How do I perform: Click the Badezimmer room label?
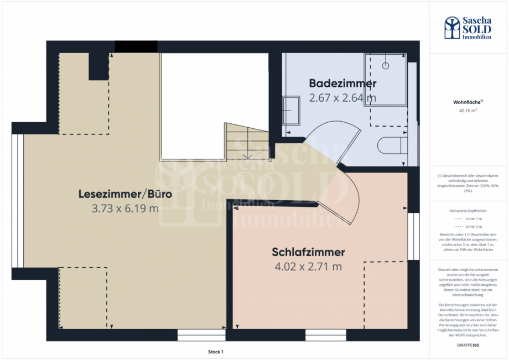pyautogui.click(x=342, y=84)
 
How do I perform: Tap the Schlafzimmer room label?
pyautogui.click(x=308, y=252)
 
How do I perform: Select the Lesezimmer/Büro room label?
pyautogui.click(x=125, y=195)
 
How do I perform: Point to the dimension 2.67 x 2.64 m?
pyautogui.click(x=342, y=98)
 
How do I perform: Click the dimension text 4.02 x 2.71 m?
pyautogui.click(x=308, y=267)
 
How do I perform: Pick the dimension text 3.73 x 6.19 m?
pyautogui.click(x=125, y=209)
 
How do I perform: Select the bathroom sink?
pyautogui.click(x=290, y=110)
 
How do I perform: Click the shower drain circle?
pyautogui.click(x=386, y=65)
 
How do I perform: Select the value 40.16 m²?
pyautogui.click(x=468, y=111)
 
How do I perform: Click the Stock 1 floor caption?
pyautogui.click(x=215, y=352)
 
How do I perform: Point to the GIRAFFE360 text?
pyautogui.click(x=468, y=345)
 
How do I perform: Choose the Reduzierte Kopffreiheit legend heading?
pyautogui.click(x=468, y=211)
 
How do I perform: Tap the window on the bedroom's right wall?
pyautogui.click(x=411, y=236)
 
